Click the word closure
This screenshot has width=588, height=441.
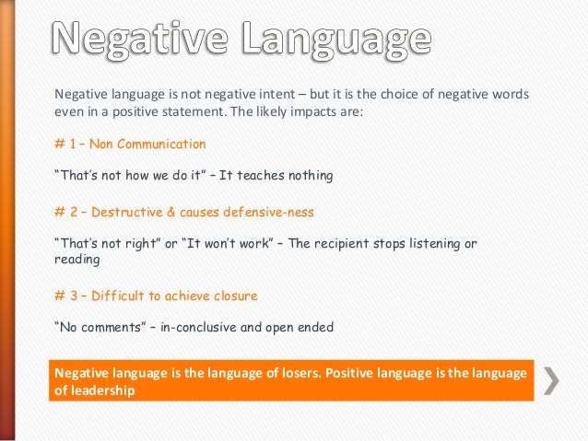tap(234, 296)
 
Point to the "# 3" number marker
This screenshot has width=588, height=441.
tap(65, 296)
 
